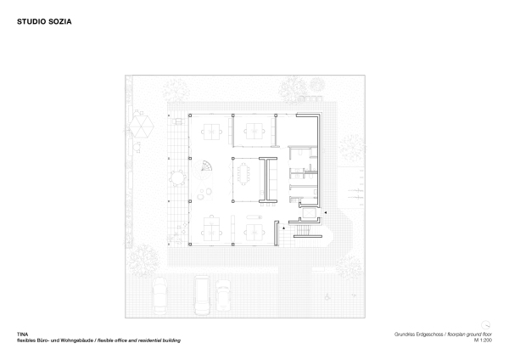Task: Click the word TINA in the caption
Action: pyautogui.click(x=23, y=335)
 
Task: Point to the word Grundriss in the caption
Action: pyautogui.click(x=406, y=335)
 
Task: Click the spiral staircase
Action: pyautogui.click(x=205, y=168)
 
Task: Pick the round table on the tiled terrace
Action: pyautogui.click(x=178, y=179)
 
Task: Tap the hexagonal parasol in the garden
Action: pyautogui.click(x=142, y=127)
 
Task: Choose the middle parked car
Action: pyautogui.click(x=203, y=294)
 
